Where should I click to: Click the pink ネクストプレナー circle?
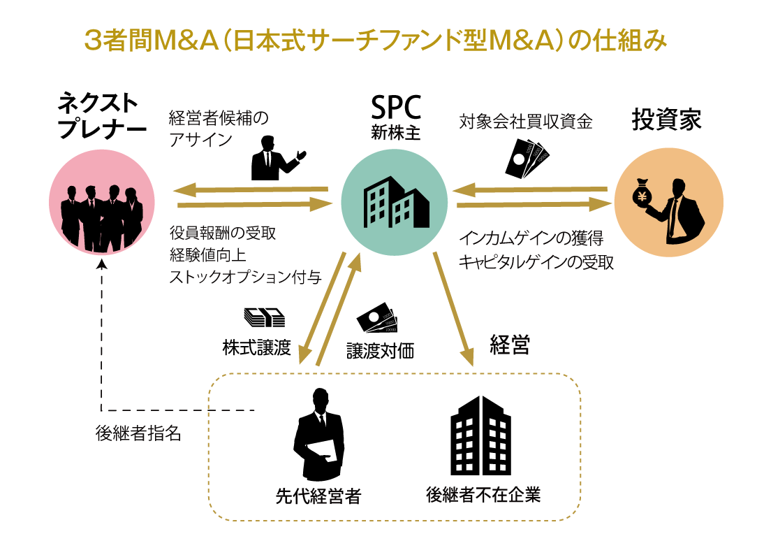click(102, 203)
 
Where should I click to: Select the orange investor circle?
click(666, 203)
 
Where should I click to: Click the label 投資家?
click(666, 120)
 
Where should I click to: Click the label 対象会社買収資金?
click(525, 122)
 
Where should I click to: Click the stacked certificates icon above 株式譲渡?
click(264, 318)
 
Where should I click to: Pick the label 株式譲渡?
click(256, 347)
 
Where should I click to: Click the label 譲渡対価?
click(380, 350)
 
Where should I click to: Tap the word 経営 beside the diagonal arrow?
click(510, 345)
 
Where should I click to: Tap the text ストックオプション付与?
click(245, 277)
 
